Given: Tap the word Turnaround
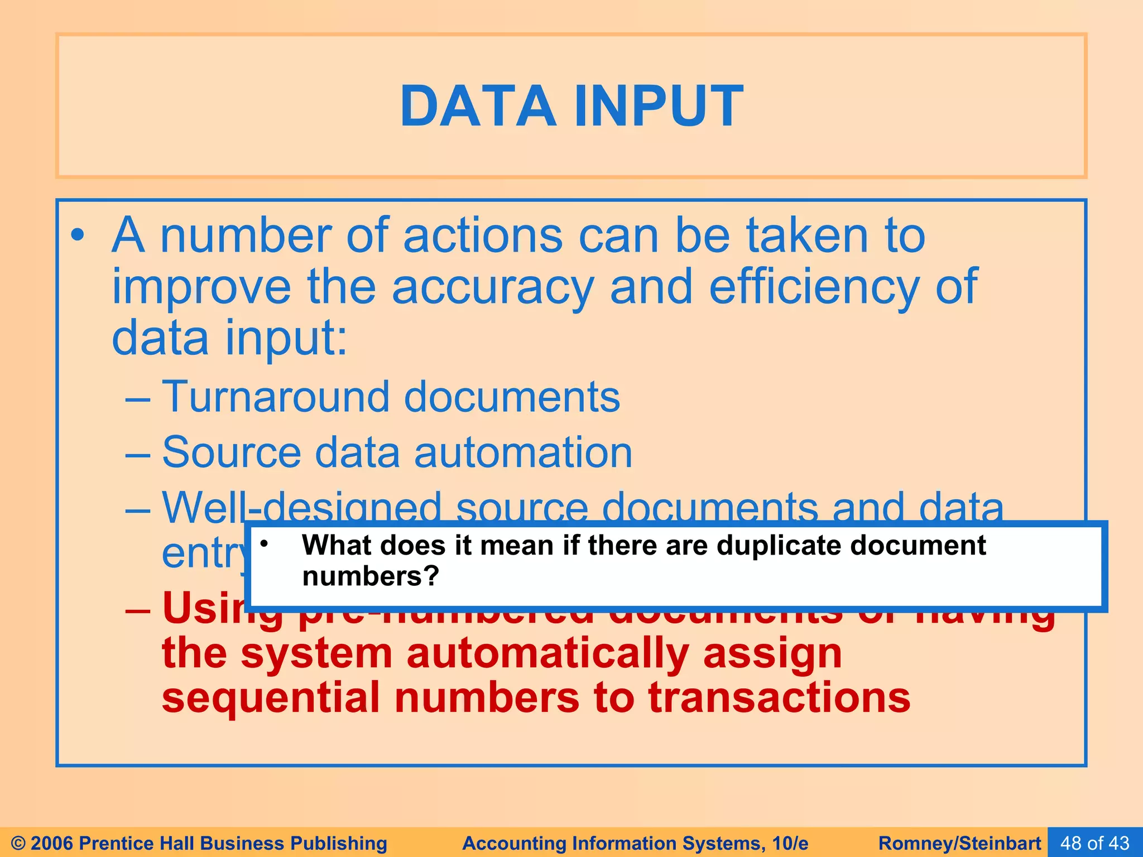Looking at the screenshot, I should pyautogui.click(x=275, y=397).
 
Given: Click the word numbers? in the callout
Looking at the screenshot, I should pyautogui.click(x=371, y=576).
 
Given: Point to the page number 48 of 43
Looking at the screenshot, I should pyautogui.click(x=1094, y=842).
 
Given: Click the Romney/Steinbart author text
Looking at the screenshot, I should pyautogui.click(x=959, y=843).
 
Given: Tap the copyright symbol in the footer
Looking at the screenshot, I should pyautogui.click(x=18, y=843).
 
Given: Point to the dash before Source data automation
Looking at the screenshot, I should pyautogui.click(x=138, y=453).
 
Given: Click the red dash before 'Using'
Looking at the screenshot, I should pyautogui.click(x=138, y=610).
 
